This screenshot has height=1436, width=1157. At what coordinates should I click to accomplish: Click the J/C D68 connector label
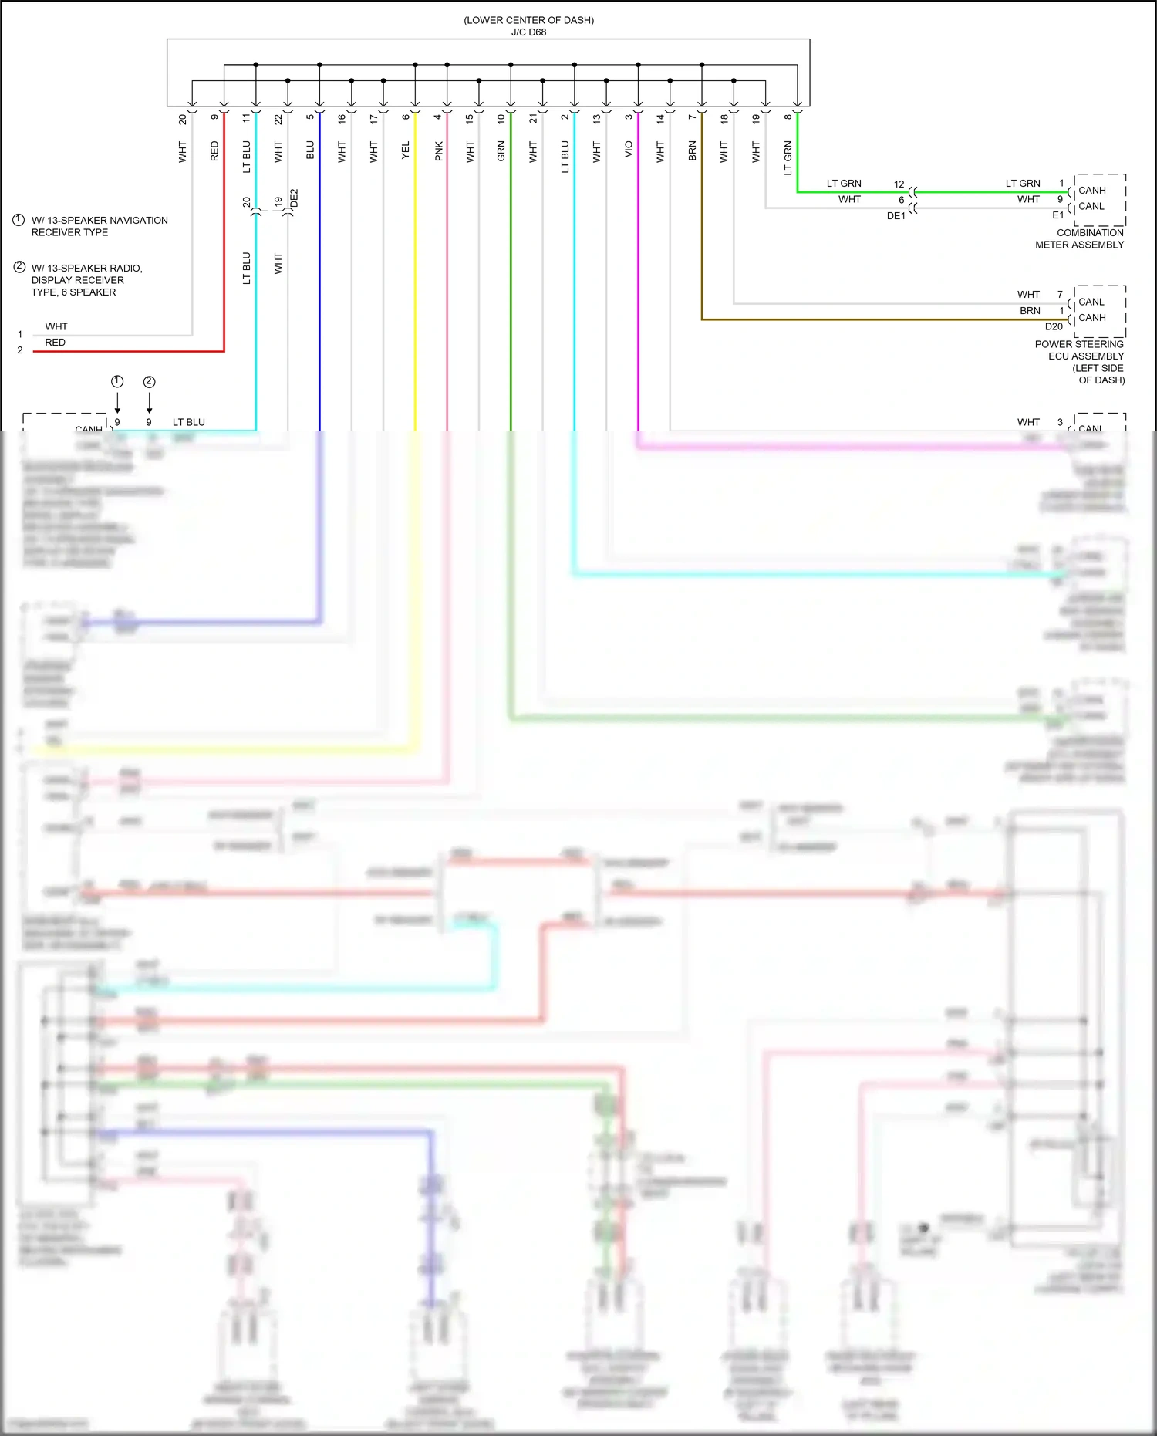[x=528, y=32]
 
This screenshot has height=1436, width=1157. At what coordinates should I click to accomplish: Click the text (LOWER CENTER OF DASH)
[x=528, y=20]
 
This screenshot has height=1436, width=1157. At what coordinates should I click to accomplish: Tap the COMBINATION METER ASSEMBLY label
[x=1079, y=238]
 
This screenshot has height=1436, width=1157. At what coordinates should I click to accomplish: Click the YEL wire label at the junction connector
[x=406, y=150]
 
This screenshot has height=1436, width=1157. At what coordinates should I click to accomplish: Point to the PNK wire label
[x=438, y=150]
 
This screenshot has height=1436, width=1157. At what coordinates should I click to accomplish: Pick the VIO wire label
[x=629, y=149]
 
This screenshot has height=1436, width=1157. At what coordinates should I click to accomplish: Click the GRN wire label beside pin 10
[x=501, y=150]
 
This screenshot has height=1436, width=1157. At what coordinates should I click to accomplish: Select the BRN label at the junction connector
[x=692, y=150]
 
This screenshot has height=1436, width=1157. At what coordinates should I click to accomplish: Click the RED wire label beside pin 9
[x=214, y=150]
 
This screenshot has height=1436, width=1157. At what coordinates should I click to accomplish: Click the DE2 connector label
[x=294, y=199]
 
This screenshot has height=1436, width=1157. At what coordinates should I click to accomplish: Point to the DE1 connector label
[x=896, y=216]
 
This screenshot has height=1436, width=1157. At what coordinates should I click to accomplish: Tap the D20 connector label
[x=1054, y=326]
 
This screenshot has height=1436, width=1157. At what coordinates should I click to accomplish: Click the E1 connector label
[x=1057, y=215]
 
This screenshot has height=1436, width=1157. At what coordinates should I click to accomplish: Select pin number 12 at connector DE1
[x=899, y=184]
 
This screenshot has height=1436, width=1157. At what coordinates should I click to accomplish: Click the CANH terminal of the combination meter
[x=1091, y=191]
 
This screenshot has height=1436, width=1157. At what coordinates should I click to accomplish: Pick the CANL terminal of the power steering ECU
[x=1091, y=302]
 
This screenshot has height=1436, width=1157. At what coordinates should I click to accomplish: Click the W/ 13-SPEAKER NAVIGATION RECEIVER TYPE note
[x=100, y=226]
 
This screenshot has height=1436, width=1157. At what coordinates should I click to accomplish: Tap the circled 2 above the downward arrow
[x=150, y=382]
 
